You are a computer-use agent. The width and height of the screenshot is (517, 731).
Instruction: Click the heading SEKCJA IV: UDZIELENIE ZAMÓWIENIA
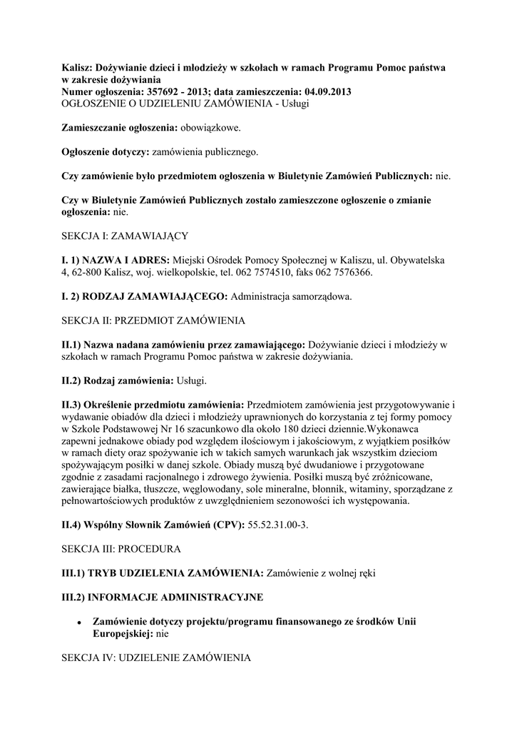click(x=155, y=657)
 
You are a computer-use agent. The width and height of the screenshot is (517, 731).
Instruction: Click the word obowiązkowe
click(x=210, y=128)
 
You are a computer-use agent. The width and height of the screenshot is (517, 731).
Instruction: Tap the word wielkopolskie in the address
click(x=177, y=272)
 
